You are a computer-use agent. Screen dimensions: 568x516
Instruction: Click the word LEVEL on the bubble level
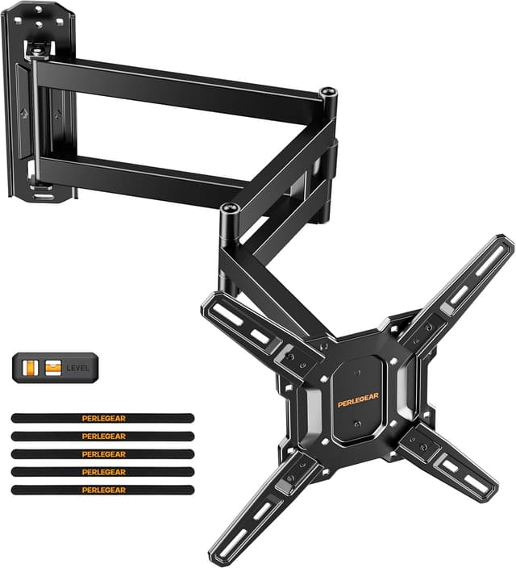(x=78, y=369)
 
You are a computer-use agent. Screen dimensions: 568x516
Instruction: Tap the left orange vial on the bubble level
(x=32, y=368)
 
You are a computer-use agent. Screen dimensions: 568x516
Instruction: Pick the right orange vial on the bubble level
(x=53, y=368)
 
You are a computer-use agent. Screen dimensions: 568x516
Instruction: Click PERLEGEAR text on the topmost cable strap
(x=104, y=418)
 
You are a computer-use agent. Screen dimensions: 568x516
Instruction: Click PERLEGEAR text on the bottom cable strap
(x=104, y=490)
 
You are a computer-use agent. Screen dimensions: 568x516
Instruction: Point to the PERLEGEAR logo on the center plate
(x=360, y=399)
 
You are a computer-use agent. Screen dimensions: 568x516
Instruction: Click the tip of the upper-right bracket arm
(x=504, y=244)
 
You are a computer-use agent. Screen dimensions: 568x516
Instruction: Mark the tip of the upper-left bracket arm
(x=211, y=302)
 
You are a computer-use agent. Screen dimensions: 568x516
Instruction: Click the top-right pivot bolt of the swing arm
(x=327, y=94)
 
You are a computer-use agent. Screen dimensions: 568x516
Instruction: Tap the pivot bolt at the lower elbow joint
(x=227, y=210)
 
